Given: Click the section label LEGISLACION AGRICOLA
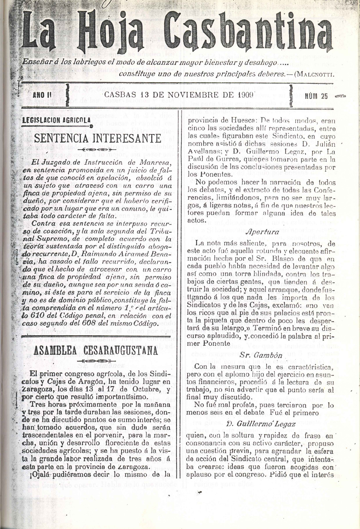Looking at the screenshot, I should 57,120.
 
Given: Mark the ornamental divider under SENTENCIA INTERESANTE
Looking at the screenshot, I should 97,149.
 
